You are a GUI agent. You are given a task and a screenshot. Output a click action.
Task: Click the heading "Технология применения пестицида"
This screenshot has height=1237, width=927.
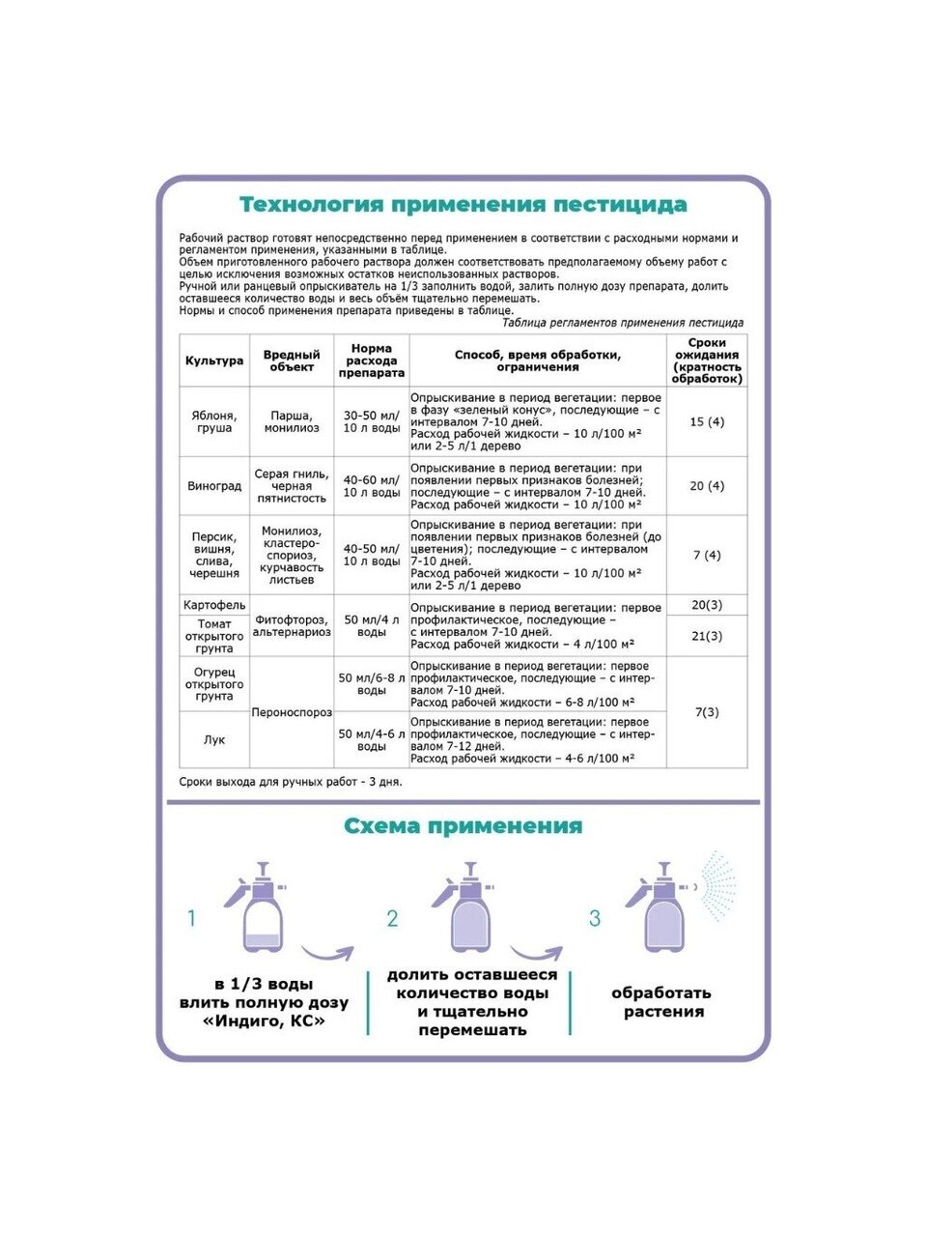[x=463, y=205]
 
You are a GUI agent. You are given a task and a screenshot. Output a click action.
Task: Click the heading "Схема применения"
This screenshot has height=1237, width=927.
[x=463, y=826]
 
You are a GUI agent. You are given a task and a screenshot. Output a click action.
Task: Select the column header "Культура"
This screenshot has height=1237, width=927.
[x=214, y=361]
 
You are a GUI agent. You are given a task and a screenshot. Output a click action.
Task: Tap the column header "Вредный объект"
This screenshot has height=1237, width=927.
[x=292, y=361]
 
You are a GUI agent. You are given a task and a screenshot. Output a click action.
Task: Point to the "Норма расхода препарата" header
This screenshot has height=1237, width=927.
[x=372, y=361]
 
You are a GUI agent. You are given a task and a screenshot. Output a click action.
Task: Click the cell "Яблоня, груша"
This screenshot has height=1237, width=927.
[x=214, y=422]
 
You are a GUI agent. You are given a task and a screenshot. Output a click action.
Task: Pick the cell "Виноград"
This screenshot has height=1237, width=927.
[x=214, y=486]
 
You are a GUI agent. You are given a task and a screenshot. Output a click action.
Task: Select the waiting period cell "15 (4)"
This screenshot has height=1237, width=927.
[x=707, y=422]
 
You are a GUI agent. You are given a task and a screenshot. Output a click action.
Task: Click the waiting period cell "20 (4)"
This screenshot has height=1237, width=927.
[x=707, y=486]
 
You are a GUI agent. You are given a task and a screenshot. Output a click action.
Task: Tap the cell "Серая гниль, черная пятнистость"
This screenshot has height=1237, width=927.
[x=292, y=486]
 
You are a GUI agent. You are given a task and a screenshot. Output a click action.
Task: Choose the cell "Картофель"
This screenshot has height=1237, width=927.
[x=214, y=605]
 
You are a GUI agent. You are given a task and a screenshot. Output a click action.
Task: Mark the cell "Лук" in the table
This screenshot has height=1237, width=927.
[x=214, y=740]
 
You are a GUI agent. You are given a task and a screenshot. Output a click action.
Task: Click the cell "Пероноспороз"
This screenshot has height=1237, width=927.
[x=292, y=712]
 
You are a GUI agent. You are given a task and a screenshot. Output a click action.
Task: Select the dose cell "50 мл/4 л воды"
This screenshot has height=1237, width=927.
[x=372, y=626]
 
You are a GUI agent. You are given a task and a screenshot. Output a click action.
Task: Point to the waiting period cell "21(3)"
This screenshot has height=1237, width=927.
[x=707, y=636]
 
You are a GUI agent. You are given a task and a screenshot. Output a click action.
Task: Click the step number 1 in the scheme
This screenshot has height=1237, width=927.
[x=191, y=918]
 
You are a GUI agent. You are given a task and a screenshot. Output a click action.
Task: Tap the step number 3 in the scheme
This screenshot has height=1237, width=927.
[x=595, y=918]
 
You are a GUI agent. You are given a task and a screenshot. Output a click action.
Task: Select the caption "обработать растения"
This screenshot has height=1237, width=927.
[x=661, y=1002]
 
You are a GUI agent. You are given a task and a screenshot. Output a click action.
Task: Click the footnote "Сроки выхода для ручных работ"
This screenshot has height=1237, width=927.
[x=291, y=782]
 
